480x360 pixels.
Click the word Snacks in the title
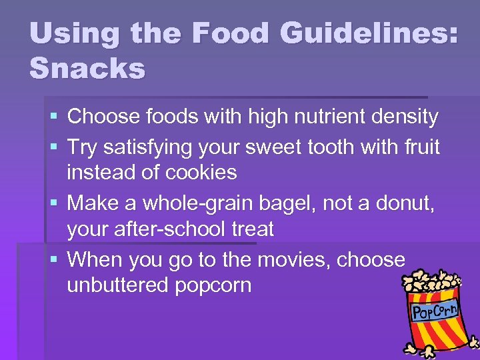click(87, 67)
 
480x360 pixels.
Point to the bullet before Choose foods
click(53, 118)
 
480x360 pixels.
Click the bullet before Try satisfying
click(53, 147)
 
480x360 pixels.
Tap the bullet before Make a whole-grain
click(53, 203)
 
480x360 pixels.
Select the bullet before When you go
click(53, 259)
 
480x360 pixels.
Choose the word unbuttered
click(118, 286)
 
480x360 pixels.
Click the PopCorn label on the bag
click(435, 310)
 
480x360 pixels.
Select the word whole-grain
click(213, 202)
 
